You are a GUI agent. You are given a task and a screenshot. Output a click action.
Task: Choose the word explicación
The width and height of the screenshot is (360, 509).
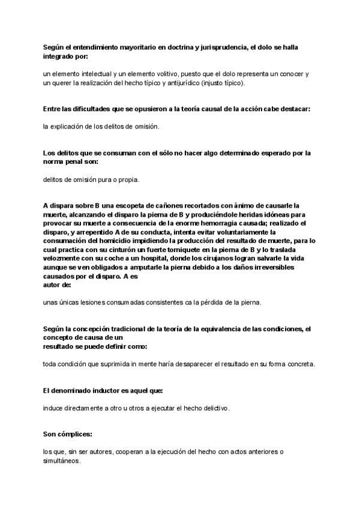tap(70, 127)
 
